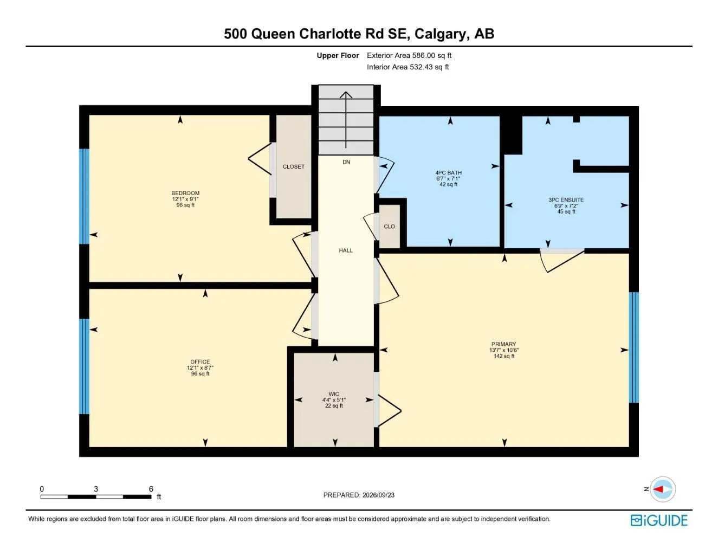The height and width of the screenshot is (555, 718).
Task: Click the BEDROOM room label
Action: (185, 193)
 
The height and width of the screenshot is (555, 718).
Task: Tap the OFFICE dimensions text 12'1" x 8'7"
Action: (200, 367)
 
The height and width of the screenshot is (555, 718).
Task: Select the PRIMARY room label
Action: (503, 344)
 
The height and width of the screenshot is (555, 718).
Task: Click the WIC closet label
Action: (334, 394)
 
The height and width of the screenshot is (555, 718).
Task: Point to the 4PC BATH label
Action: (448, 172)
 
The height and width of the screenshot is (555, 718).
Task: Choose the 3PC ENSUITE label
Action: (566, 200)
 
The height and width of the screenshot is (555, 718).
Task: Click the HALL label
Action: (346, 250)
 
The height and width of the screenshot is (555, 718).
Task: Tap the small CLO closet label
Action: (389, 227)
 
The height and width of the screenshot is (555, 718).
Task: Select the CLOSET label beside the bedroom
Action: (293, 166)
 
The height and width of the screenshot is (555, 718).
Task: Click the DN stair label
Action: (346, 162)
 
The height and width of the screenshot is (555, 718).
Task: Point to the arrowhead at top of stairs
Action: (346, 94)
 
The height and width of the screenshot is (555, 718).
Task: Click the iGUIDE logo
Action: (659, 520)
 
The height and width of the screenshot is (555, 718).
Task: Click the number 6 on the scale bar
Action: (151, 489)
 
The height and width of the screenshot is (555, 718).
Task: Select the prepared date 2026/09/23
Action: (378, 495)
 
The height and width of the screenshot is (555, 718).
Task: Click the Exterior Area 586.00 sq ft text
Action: (409, 55)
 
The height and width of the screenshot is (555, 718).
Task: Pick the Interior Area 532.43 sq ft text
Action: (407, 67)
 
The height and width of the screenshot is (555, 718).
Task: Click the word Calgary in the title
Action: (441, 34)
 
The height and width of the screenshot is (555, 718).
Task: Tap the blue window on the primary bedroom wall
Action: (634, 347)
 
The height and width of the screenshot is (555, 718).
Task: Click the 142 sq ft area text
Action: (503, 356)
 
